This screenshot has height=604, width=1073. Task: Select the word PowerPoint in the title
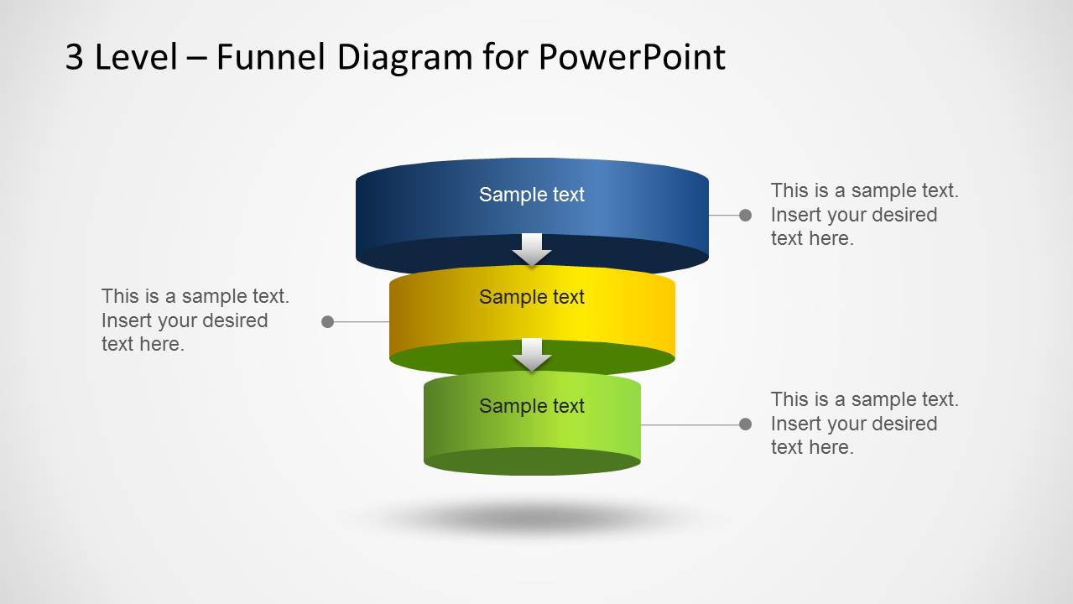[632, 57]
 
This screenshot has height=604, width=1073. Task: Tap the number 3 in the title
[75, 57]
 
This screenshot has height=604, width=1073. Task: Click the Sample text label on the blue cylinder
[532, 195]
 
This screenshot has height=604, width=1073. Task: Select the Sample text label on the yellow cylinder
[532, 297]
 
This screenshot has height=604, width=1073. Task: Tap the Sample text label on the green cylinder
[532, 406]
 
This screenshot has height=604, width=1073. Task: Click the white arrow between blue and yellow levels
[532, 249]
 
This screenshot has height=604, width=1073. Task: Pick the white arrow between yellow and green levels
[532, 354]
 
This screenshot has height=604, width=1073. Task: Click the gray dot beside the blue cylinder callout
[745, 216]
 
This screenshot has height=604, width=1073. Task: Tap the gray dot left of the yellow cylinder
[328, 321]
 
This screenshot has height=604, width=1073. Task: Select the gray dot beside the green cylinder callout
[745, 424]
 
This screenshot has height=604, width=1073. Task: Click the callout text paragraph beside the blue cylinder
[864, 215]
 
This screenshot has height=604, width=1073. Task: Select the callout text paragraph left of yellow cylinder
[195, 320]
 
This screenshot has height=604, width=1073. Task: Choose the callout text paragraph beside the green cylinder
[864, 424]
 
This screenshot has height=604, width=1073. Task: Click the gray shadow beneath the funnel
[532, 516]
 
